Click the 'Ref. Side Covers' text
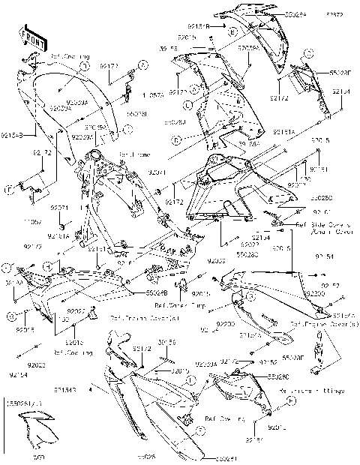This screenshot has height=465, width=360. click(x=322, y=224)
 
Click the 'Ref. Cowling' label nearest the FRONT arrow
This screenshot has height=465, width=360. click(x=71, y=56)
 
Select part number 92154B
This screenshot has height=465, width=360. click(x=13, y=136)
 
